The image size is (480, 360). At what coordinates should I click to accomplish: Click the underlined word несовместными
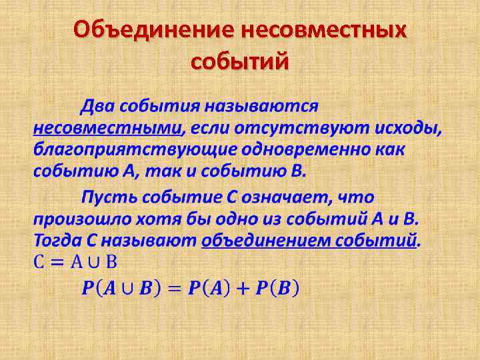pos(107,127)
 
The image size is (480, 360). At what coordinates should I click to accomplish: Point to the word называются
pos(261,105)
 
